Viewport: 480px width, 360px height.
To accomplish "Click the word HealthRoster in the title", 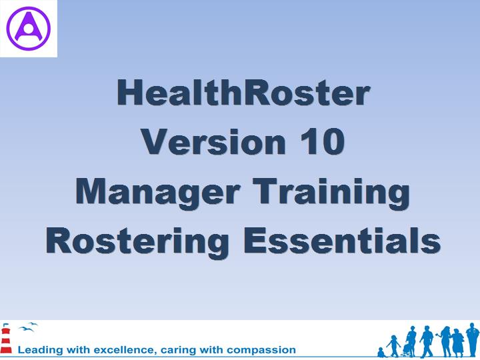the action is (x=244, y=92).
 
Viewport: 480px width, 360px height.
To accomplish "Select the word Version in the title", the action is (x=213, y=142).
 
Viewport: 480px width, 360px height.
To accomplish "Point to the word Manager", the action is (x=157, y=193).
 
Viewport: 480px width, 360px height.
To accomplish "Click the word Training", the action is (x=331, y=193).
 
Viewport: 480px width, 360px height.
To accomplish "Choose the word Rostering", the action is (x=137, y=242).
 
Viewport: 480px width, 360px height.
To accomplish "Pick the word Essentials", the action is (x=342, y=241).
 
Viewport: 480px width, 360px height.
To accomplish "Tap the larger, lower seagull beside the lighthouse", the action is (x=26, y=329).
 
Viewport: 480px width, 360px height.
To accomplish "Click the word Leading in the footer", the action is (x=40, y=350).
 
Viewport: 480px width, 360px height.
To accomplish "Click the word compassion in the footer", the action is (x=261, y=350).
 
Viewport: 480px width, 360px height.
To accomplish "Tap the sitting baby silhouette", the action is (x=381, y=352).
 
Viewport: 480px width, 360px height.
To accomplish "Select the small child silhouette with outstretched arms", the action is (x=393, y=345).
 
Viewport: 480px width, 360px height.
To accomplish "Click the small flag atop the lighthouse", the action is (x=4, y=325).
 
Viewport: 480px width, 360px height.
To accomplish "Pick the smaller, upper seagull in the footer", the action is (x=33, y=324).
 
